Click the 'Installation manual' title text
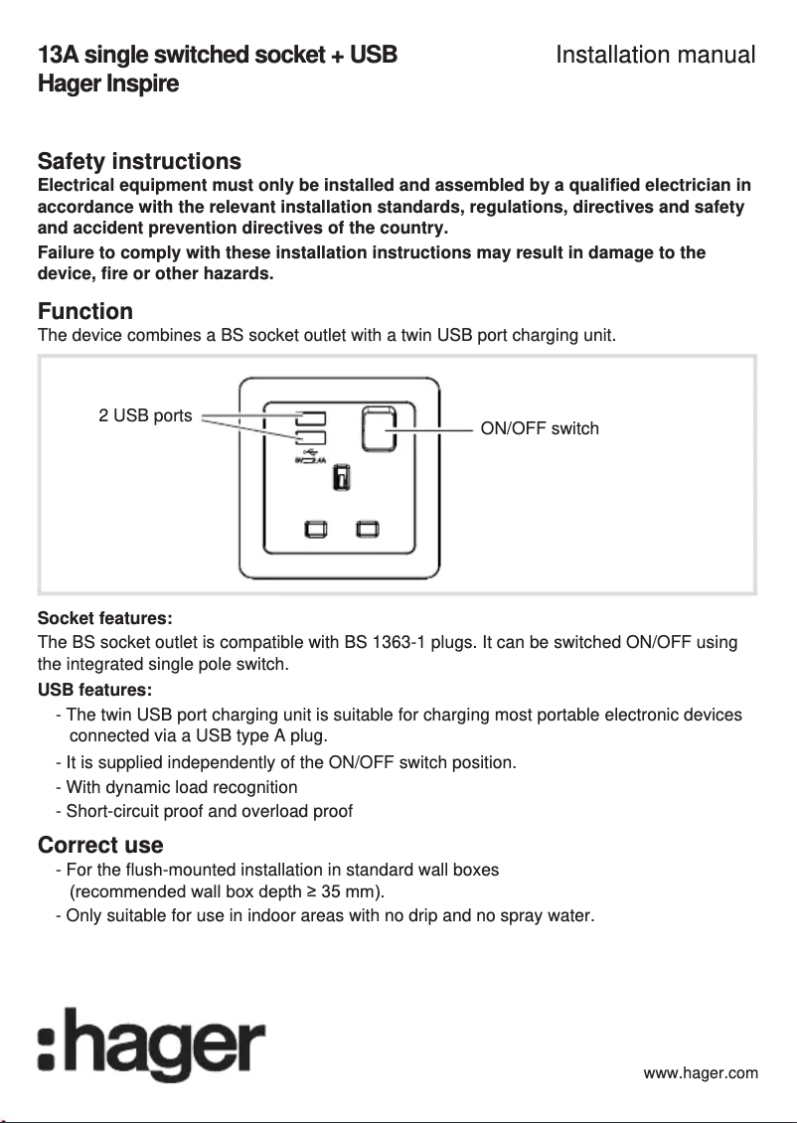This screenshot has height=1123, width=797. [655, 55]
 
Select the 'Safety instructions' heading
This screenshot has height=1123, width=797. [138, 161]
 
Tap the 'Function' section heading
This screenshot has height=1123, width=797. [84, 312]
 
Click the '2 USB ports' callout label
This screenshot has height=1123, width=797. [145, 415]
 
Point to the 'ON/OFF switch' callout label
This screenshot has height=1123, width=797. [540, 428]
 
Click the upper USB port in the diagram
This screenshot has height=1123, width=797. [310, 417]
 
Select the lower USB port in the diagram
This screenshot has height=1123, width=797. [310, 438]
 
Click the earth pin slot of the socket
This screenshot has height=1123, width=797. [340, 478]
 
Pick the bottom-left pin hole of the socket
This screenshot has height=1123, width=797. [315, 528]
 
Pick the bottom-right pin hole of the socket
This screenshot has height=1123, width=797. [369, 528]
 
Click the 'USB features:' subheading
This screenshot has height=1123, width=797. [94, 689]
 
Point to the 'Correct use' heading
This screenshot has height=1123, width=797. [99, 845]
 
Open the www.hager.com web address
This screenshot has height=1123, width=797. [701, 1072]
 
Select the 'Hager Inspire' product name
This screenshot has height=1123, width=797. [107, 83]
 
